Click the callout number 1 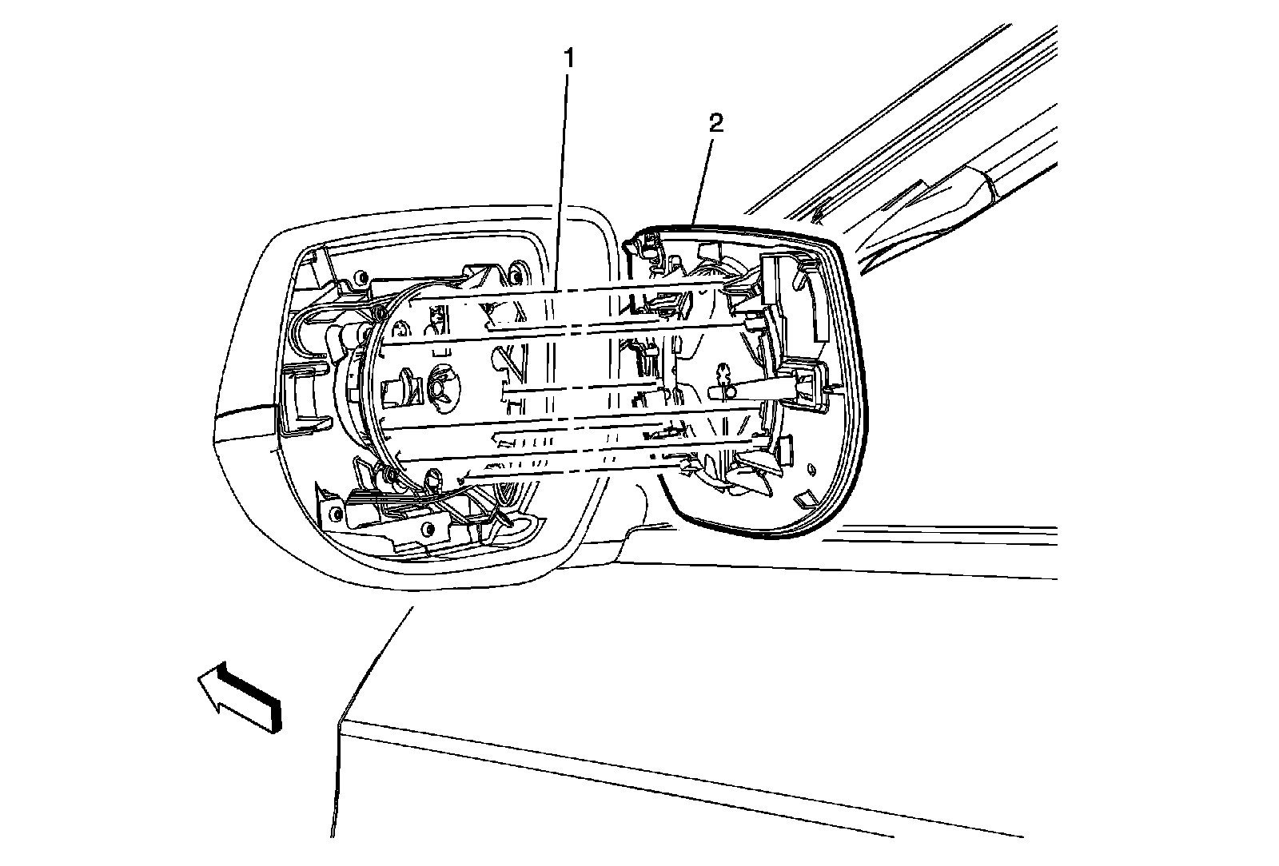pos(568,58)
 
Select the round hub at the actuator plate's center pos(440,384)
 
